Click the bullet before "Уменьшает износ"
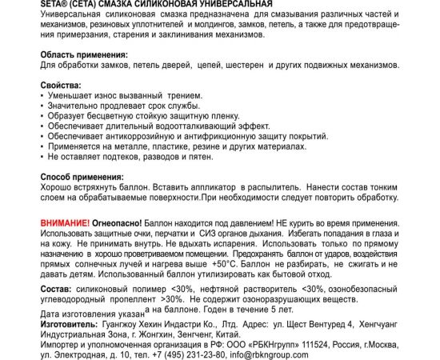[x=42, y=95]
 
